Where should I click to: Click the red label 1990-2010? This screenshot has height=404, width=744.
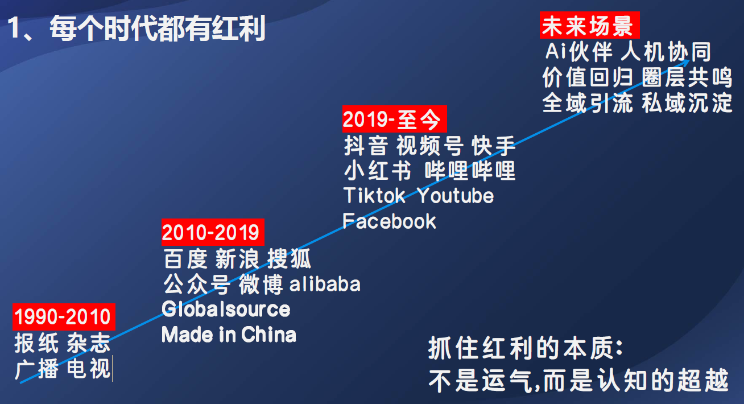point(64,316)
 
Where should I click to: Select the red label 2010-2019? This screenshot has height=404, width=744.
point(213,232)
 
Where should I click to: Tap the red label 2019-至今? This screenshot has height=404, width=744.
point(395,119)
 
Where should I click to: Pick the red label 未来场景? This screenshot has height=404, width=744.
point(589,25)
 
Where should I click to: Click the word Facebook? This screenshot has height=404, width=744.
point(389,221)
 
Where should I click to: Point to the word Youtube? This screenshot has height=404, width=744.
point(456,196)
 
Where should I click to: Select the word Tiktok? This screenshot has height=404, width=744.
point(374,195)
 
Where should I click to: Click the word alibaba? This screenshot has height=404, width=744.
point(325,285)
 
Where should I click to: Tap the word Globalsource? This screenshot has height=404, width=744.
point(226,310)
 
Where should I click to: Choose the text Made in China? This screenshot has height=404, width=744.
point(229,335)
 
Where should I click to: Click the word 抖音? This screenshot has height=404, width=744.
point(366,146)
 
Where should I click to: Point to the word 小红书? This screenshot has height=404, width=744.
point(378,171)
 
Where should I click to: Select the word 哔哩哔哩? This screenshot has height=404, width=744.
point(470,171)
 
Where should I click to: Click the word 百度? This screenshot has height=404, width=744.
point(185,259)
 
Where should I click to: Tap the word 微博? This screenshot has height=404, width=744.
point(261,285)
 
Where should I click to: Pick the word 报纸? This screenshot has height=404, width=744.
point(36,343)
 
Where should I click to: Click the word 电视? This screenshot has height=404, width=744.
point(88,369)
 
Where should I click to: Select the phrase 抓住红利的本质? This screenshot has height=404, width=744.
point(521,348)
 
